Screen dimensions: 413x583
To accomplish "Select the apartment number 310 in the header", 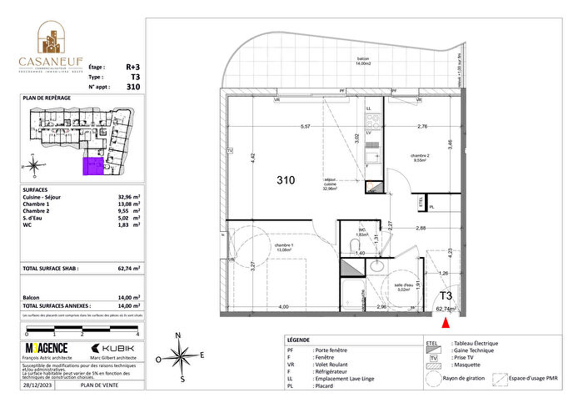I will point(133,86).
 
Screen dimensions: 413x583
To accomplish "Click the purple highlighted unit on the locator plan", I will point(93,167).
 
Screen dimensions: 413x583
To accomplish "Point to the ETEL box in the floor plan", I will point(421,201).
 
